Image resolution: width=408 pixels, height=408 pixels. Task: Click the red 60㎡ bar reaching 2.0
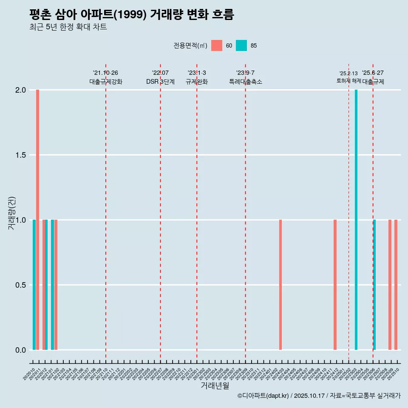(37, 220)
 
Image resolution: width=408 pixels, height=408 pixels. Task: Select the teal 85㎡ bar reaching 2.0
(356, 220)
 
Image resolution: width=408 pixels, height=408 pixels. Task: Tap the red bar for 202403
(280, 285)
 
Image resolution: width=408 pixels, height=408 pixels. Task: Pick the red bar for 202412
(335, 285)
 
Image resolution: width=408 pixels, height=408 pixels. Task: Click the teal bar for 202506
(374, 285)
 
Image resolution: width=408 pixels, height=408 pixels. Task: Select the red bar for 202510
(396, 285)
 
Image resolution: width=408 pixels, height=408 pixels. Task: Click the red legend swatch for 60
(217, 45)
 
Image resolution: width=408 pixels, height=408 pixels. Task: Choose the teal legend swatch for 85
(241, 45)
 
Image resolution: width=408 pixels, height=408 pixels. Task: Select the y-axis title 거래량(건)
(11, 212)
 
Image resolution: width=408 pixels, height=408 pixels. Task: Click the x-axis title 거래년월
(215, 385)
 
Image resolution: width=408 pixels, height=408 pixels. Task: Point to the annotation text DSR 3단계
(160, 82)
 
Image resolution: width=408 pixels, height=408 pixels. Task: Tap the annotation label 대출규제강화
(106, 82)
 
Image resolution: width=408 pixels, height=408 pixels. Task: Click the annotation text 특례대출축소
(246, 82)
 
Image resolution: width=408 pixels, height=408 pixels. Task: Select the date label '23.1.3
(197, 73)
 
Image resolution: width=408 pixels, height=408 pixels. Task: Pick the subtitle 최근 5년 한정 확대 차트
(68, 27)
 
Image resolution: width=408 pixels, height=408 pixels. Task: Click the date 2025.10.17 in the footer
(309, 396)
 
